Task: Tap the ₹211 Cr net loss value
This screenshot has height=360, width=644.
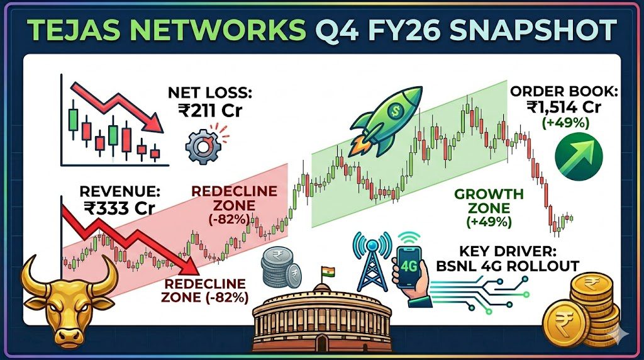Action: tap(210, 110)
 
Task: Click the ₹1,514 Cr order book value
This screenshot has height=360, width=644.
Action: tap(563, 107)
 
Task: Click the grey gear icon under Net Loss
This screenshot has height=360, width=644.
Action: tap(203, 146)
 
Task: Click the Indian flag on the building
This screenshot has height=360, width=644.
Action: tap(328, 272)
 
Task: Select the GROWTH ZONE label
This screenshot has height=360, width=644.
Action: tap(489, 201)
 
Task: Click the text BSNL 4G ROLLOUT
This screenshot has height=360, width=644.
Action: tap(508, 266)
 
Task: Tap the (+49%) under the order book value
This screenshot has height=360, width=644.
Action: tap(565, 123)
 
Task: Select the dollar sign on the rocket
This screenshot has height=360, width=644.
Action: tap(396, 110)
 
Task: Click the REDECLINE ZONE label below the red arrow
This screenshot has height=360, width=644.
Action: tap(204, 291)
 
